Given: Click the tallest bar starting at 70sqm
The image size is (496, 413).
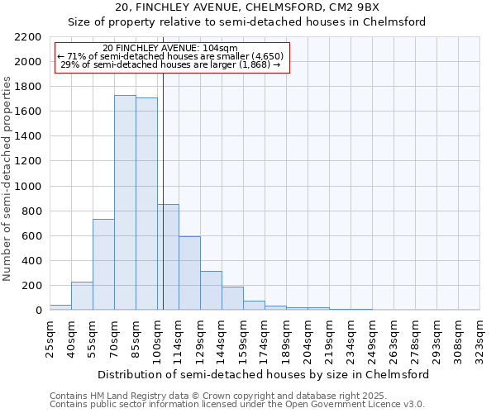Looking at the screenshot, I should click(x=125, y=202).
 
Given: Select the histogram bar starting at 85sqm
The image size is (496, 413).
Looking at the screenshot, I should click(x=146, y=204).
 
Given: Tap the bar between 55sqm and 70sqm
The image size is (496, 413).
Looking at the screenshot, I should click(x=103, y=264).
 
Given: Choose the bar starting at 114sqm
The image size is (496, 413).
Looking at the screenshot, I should click(x=189, y=273).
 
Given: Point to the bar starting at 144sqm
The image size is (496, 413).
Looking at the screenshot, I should click(x=232, y=298).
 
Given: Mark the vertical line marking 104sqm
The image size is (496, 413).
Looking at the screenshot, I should click(x=163, y=190).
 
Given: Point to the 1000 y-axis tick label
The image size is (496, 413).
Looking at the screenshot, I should click(x=28, y=187).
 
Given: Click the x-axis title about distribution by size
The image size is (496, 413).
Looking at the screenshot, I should click(x=264, y=374).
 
